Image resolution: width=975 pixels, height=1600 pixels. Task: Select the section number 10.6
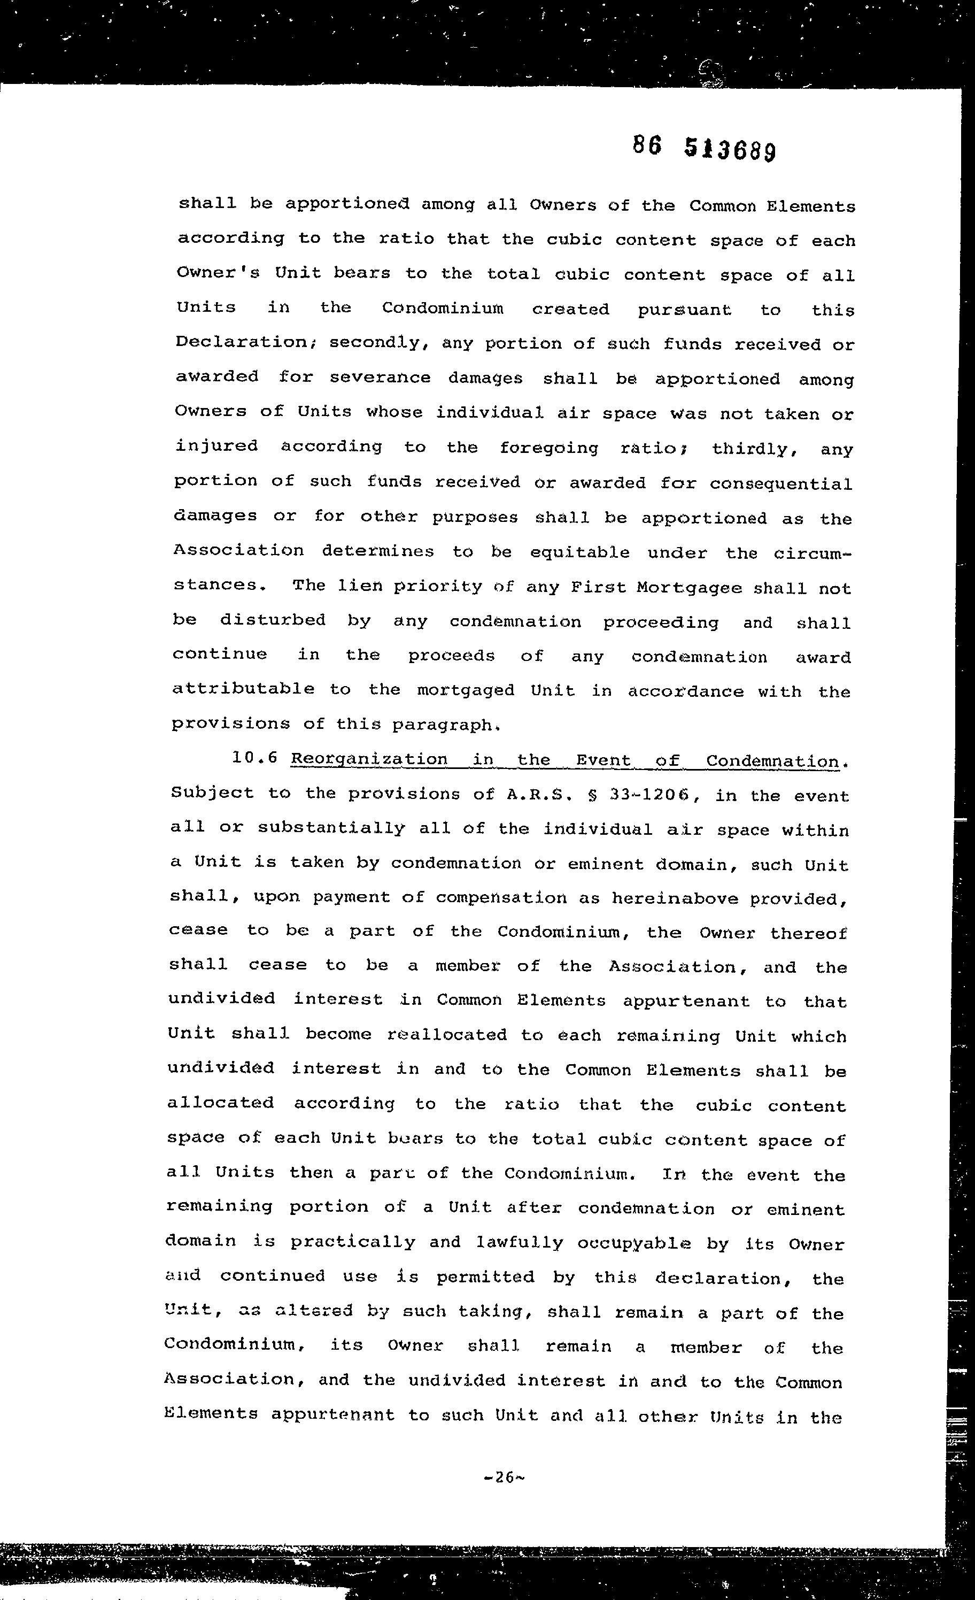click(x=254, y=758)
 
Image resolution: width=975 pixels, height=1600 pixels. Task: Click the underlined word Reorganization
click(x=369, y=759)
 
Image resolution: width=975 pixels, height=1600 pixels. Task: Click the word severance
click(x=380, y=378)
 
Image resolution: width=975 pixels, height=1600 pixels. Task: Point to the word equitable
click(x=579, y=552)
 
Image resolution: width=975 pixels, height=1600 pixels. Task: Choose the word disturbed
click(x=272, y=620)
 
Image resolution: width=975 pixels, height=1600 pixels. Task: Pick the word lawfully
click(x=515, y=1243)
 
